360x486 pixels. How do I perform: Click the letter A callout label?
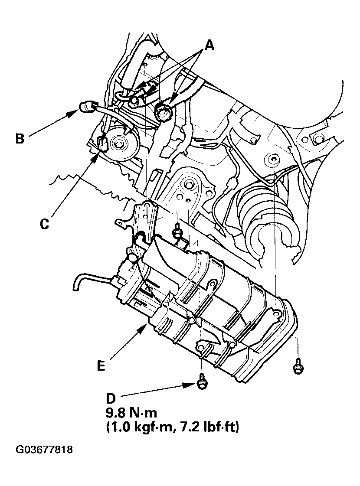coord(209,45)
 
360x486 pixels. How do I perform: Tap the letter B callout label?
coord(20,139)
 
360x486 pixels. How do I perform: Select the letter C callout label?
coord(44,224)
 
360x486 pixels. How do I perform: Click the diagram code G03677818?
coord(44,450)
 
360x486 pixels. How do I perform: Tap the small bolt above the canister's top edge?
coord(177,232)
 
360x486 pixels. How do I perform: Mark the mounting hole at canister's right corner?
coord(276,311)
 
